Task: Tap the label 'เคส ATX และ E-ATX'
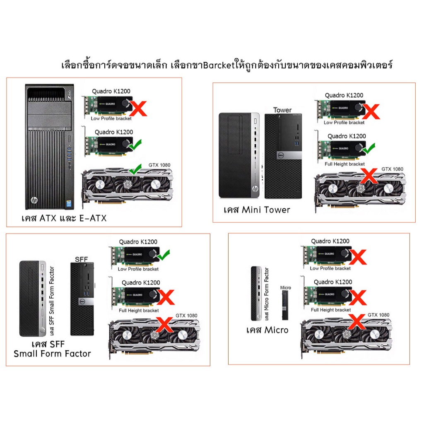[x=64, y=218]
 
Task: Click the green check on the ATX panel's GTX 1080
[x=135, y=169]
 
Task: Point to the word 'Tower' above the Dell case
[x=282, y=110]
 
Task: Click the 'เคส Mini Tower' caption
[x=257, y=210]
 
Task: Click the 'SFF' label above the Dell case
[x=81, y=260]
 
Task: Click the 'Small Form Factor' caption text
[x=52, y=354]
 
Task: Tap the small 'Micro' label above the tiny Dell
[x=286, y=287]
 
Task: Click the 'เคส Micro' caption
[x=267, y=330]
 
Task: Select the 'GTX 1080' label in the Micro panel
[x=378, y=315]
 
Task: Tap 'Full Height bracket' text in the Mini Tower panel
[x=345, y=164]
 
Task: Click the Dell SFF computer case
[x=82, y=299]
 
